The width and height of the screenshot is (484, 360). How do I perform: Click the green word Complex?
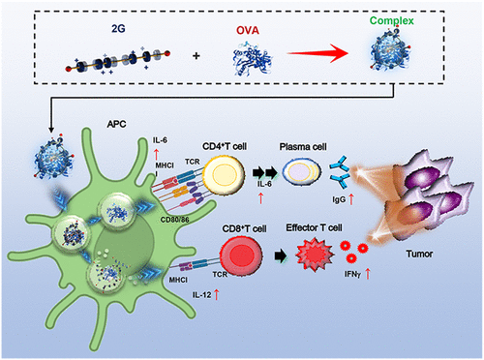[391, 21]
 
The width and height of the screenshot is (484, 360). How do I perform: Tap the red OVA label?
[248, 30]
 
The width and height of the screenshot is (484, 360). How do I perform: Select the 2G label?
[118, 29]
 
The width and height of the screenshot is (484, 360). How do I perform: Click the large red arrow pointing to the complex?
[318, 53]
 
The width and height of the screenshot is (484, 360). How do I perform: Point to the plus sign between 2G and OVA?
[196, 56]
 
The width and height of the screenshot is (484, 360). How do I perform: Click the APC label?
[116, 124]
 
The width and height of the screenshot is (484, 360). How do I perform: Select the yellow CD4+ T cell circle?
[224, 173]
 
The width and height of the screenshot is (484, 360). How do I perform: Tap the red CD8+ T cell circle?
[241, 255]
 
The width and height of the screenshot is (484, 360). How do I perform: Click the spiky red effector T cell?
[315, 255]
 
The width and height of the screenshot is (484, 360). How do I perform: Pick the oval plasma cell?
[302, 171]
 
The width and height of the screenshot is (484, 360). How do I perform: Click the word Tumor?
[419, 255]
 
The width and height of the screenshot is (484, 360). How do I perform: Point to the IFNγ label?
[352, 274]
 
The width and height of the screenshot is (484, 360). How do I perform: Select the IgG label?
[339, 200]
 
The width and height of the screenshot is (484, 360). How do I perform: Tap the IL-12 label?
[201, 295]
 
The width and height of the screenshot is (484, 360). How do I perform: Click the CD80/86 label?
[174, 220]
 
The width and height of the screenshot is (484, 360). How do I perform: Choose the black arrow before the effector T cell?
[281, 256]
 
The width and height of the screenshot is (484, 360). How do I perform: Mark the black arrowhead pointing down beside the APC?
[51, 130]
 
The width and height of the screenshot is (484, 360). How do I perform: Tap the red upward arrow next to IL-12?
[216, 294]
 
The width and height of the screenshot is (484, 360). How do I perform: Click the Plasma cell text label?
[303, 147]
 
